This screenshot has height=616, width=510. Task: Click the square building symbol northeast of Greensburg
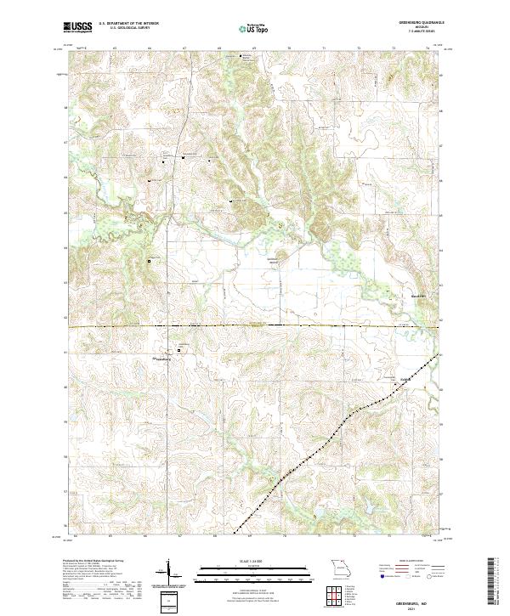click(179, 348)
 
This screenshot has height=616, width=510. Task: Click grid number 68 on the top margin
click(219, 48)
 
